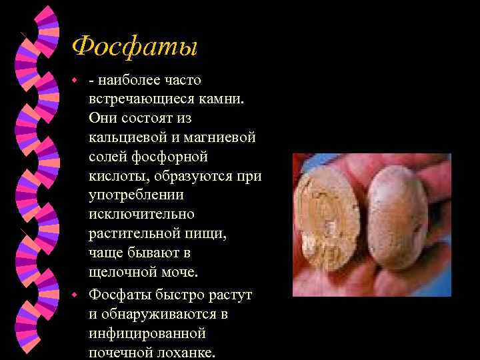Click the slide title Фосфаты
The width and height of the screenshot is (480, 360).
pos(135,47)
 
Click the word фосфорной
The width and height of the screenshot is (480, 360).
pos(174,157)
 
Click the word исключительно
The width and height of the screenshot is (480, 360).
pos(141,215)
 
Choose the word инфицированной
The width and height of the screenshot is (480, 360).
pos(147,333)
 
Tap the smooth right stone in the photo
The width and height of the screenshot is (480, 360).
pos(397,220)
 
